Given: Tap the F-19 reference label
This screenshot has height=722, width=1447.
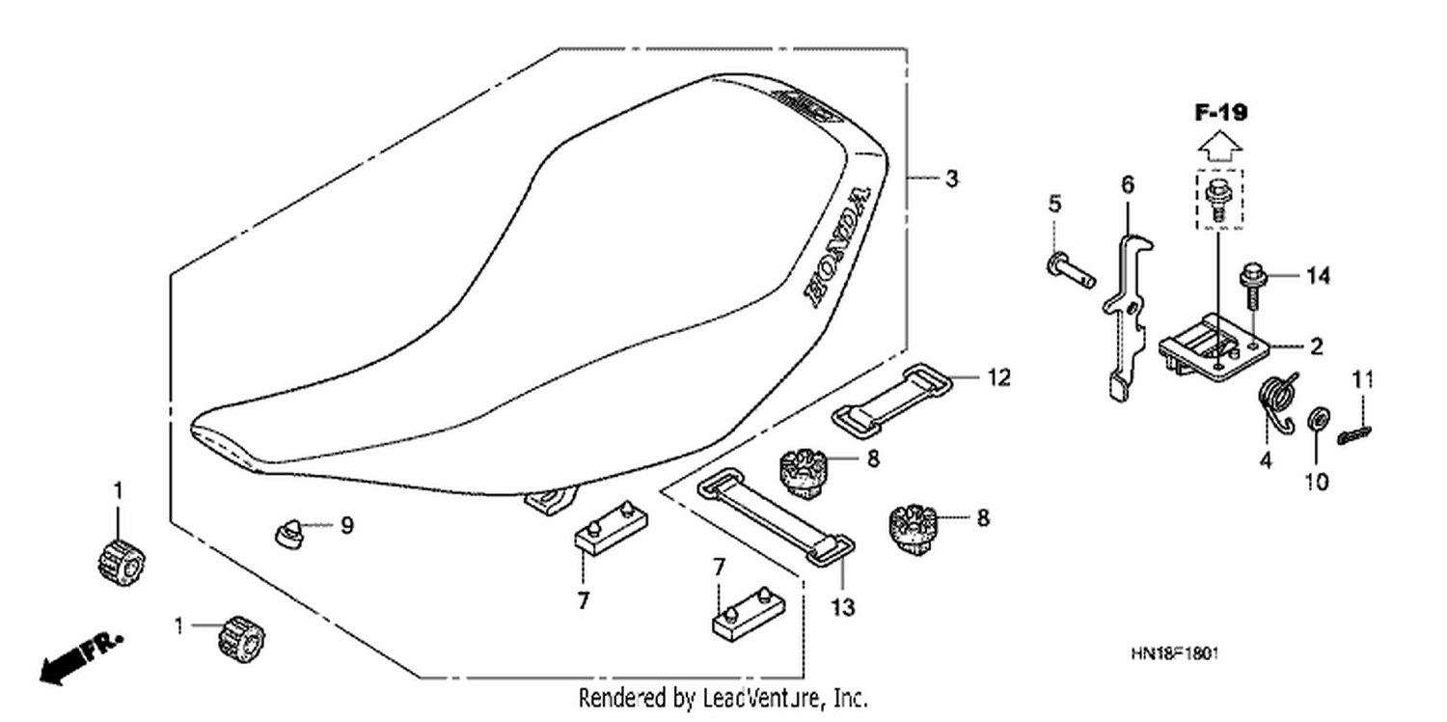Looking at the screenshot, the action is [x=1220, y=113].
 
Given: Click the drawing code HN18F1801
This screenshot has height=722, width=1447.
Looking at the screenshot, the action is [x=1174, y=653].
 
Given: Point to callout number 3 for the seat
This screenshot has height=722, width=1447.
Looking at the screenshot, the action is [x=951, y=179].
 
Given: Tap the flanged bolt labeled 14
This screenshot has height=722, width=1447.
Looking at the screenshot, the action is [x=1252, y=291].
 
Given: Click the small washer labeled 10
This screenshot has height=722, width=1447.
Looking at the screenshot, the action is [x=1317, y=419].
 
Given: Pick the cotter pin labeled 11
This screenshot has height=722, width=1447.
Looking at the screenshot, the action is [x=1354, y=435].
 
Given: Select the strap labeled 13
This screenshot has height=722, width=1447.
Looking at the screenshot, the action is [x=776, y=516].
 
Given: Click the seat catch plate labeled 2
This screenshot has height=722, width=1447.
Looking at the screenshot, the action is [x=1214, y=350].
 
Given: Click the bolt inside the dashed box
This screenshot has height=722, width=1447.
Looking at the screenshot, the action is [x=1219, y=201].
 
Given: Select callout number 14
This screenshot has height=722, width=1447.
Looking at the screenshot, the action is [x=1319, y=276].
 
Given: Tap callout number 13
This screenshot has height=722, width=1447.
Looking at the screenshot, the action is [x=842, y=607].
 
